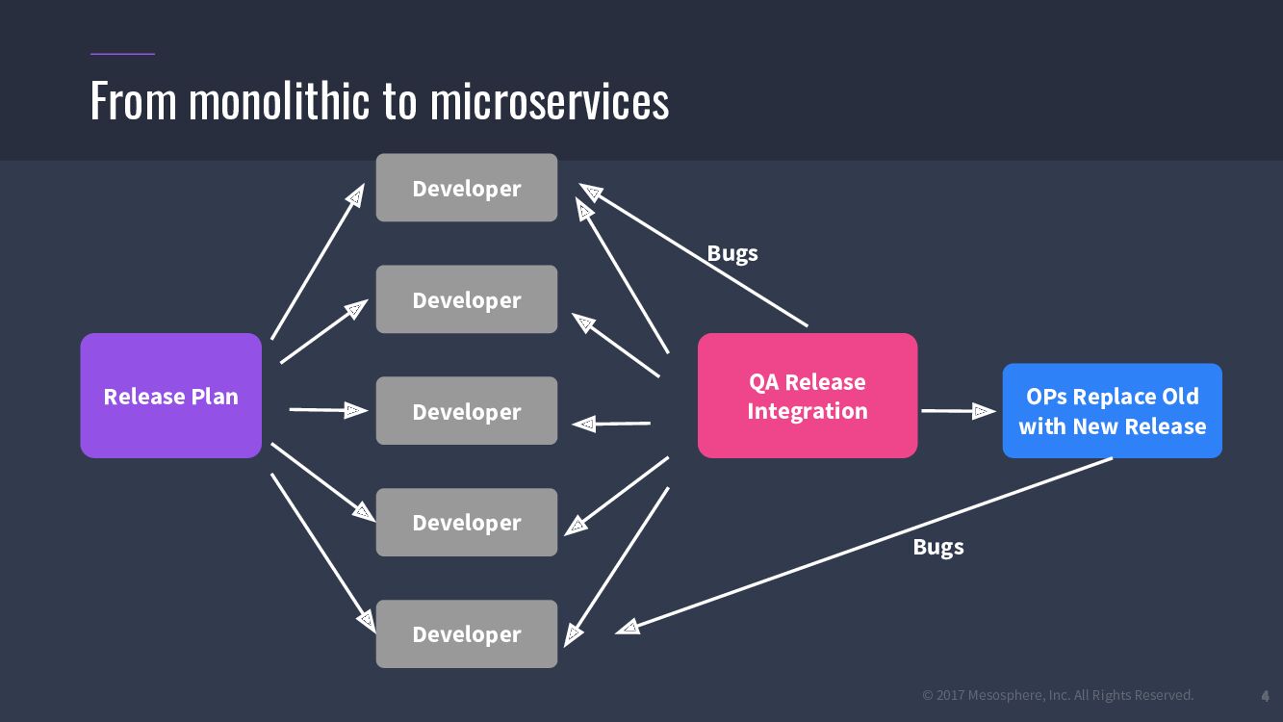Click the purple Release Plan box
[170, 396]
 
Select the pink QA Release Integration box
[807, 396]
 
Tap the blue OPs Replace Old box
[1112, 411]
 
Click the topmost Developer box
[466, 188]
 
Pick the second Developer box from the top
[466, 299]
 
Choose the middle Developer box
[466, 411]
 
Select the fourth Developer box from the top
[466, 522]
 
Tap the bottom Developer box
[466, 633]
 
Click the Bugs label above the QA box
[732, 253]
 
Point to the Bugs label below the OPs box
[938, 547]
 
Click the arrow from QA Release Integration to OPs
[958, 411]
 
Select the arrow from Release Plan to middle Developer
[327, 410]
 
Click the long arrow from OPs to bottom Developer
[866, 544]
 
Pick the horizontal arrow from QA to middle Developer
[612, 423]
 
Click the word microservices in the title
[549, 101]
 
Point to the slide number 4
[1266, 695]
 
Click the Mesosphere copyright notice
[1058, 695]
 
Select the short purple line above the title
[122, 54]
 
